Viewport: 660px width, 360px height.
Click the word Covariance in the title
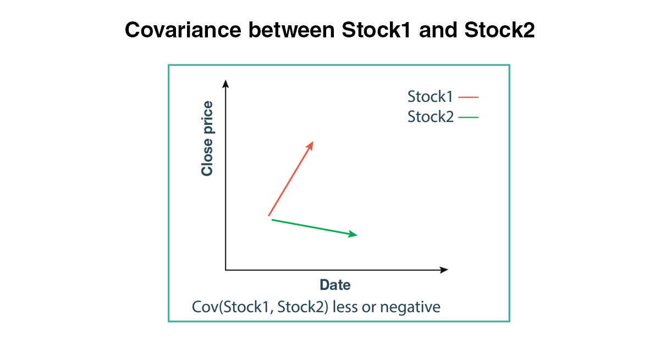[183, 30]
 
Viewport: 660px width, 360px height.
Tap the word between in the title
[291, 30]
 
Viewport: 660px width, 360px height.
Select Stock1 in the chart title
[376, 30]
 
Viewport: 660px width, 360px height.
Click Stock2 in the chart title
[500, 30]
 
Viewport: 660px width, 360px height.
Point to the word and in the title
[438, 30]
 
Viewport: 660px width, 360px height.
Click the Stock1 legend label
[430, 97]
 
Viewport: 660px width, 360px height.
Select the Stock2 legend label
[431, 117]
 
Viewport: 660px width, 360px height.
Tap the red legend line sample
[469, 97]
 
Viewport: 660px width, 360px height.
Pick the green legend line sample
[469, 117]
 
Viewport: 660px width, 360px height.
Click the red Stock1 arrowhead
[310, 146]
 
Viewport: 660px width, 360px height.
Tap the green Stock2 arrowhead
[353, 234]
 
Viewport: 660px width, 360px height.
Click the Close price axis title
[207, 139]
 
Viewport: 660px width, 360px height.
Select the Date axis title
[335, 285]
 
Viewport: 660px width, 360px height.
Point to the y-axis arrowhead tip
[226, 80]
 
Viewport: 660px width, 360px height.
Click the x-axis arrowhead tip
[448, 270]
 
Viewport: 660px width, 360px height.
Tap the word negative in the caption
[410, 307]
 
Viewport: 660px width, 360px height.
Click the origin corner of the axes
[226, 270]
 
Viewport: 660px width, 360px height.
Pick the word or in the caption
[369, 308]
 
